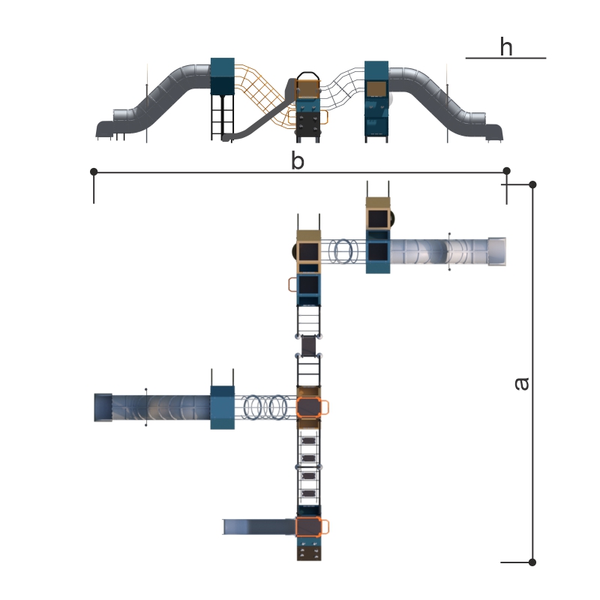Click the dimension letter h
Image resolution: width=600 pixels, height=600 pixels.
pos(505,46)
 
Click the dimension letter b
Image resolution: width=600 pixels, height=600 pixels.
pos(298,160)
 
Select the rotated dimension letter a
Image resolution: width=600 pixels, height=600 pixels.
pos(521,384)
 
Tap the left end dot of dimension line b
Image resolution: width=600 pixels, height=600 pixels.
pos(94,172)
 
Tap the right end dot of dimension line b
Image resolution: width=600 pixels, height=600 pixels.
pos(507,171)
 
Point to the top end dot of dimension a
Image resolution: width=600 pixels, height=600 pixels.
pos(532,184)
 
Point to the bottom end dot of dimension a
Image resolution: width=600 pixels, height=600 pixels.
pos(532,562)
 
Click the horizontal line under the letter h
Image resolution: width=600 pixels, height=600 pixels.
pos(505,58)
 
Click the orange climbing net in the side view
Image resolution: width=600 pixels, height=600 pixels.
pos(264,96)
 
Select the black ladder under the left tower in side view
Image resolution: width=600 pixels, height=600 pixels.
pos(222,117)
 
